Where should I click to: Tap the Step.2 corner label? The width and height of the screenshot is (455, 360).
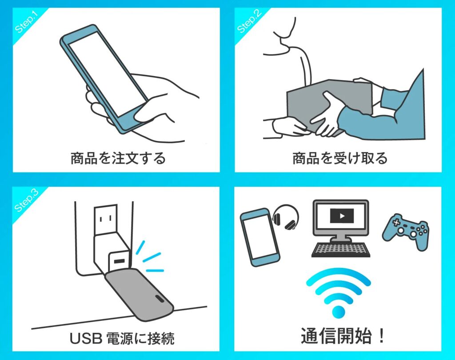249,21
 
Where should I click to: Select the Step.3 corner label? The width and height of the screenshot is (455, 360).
26,200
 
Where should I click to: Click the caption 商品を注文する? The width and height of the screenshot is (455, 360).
118,158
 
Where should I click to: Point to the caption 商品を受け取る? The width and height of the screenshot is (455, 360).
340,158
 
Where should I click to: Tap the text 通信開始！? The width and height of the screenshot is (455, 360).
343,336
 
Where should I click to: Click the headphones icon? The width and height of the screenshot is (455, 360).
286,217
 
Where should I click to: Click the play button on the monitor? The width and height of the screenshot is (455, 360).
342,216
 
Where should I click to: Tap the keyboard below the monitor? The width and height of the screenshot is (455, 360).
341,249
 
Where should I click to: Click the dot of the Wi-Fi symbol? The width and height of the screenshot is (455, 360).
338,312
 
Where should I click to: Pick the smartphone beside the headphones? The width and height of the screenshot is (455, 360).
259,237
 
